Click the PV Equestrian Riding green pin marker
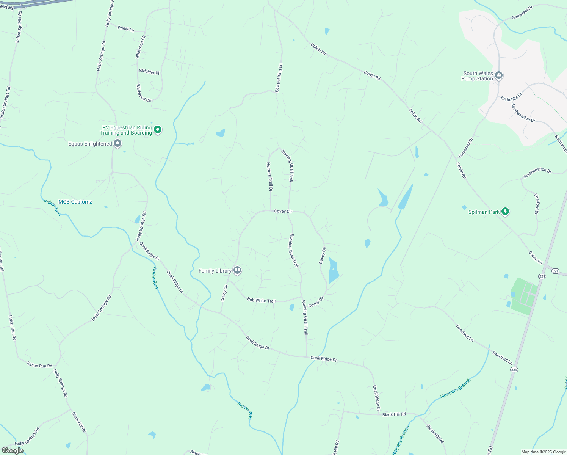point(158,130)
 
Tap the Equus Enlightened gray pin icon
point(117,143)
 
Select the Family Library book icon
point(237,270)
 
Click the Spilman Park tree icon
point(505,212)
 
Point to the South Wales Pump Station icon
point(499,76)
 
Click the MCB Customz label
point(75,202)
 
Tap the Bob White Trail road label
point(261,300)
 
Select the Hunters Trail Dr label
point(269,176)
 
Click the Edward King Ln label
point(279,78)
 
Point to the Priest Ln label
point(126,28)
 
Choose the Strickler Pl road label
point(149,72)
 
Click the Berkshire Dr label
point(511,96)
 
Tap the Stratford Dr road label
point(537,204)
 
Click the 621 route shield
point(555,271)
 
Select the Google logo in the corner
point(13,450)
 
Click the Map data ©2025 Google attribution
point(544,452)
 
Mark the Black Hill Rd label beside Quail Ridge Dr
point(394,414)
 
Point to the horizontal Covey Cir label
point(283,211)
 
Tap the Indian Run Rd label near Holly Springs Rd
point(39,365)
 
